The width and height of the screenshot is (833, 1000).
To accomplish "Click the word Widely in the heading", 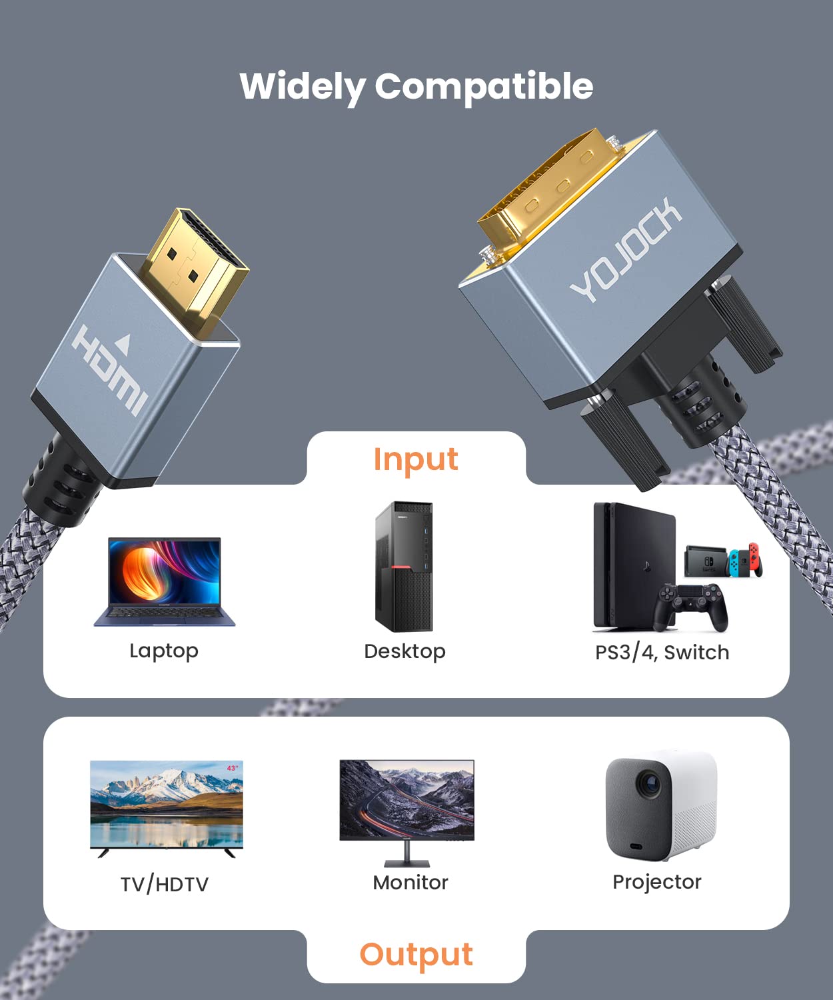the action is click(303, 87).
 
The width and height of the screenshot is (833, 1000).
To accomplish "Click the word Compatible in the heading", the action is click(484, 87).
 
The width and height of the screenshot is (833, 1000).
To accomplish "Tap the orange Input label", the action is click(416, 460).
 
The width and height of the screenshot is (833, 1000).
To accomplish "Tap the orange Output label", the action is click(416, 954).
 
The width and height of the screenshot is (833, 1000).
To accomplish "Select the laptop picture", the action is click(165, 581).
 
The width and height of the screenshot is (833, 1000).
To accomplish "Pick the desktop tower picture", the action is click(404, 567).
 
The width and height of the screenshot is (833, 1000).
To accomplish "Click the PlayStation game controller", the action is click(690, 607).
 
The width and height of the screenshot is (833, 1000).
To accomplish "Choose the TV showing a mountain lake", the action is click(167, 809).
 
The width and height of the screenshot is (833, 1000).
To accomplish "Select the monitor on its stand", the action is click(407, 812).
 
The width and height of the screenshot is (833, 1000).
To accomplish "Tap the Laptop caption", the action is click(164, 651).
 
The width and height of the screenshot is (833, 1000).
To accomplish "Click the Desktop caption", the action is click(405, 652).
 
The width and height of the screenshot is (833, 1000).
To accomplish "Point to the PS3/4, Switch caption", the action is click(662, 652).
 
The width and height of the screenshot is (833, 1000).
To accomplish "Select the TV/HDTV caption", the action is click(165, 884).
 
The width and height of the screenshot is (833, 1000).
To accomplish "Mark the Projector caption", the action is click(657, 882).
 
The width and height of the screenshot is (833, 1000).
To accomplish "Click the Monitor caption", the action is click(411, 882).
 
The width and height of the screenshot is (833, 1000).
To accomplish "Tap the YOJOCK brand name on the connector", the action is click(626, 249).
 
